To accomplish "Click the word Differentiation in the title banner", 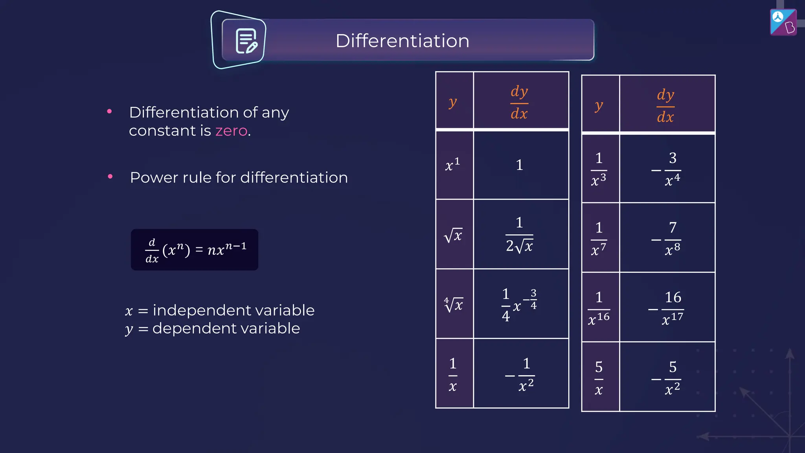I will (402, 41).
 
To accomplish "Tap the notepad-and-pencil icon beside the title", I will (246, 41).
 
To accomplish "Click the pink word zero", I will (231, 131).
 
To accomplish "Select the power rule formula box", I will (195, 250).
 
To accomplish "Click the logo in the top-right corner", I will (783, 22).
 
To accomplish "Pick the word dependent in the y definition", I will (195, 328).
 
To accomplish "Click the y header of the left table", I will (453, 102).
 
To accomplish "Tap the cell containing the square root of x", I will (454, 235).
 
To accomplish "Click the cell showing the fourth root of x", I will (454, 304).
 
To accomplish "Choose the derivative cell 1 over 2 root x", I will (520, 235).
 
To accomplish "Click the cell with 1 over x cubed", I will (599, 169).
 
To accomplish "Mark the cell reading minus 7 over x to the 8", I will (667, 238).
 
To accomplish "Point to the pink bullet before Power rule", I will (110, 177).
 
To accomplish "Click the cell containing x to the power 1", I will (453, 165).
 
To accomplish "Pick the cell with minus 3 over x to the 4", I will (667, 169).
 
